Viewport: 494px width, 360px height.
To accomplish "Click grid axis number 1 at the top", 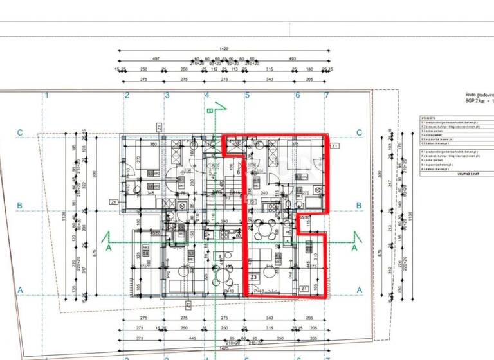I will tap(48, 95).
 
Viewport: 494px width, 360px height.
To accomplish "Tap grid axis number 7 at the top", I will tap(327, 95).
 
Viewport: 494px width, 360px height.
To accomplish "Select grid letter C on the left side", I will tap(20, 133).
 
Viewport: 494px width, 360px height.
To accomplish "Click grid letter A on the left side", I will tap(20, 291).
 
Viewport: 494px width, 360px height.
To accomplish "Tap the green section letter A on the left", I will tap(109, 246).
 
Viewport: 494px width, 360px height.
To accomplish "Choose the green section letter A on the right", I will tap(354, 246).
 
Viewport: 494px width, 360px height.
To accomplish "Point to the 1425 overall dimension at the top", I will tap(224, 48).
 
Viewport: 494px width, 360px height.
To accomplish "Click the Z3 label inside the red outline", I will tap(253, 278).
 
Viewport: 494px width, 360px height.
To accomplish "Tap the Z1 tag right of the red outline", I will tap(335, 147).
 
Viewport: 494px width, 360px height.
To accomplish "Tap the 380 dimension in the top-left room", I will tap(154, 145).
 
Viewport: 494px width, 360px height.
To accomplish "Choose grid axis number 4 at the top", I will tap(207, 95).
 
